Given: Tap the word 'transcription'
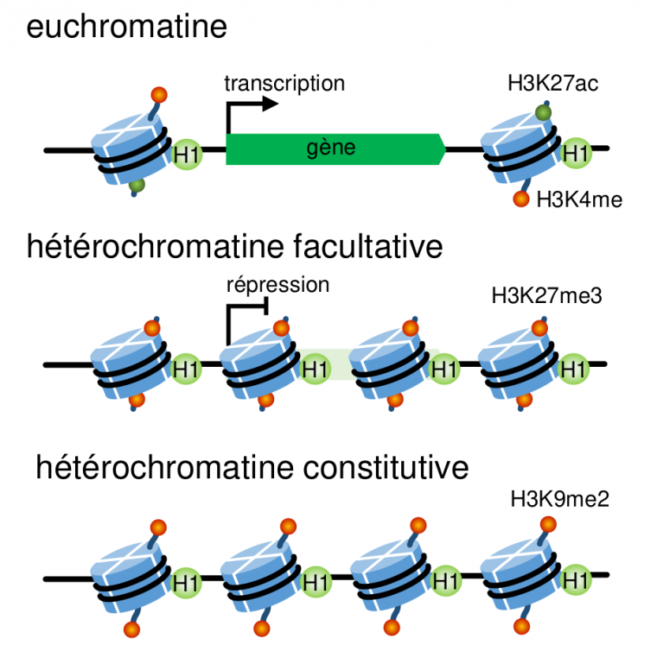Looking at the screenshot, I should click(284, 83).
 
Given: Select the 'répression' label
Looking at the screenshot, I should click(278, 285).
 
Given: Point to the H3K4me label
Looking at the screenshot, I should click(579, 200).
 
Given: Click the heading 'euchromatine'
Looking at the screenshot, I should click(127, 27).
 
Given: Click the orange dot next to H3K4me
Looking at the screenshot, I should click(520, 200).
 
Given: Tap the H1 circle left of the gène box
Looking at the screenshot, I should click(185, 153).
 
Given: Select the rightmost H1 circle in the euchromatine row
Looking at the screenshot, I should click(577, 153).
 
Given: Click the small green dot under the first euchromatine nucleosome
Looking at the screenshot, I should click(135, 184).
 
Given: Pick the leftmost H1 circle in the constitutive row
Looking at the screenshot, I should click(185, 580).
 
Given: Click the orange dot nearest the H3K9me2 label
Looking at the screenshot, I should click(547, 521).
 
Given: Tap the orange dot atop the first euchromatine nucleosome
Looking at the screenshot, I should click(158, 94).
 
